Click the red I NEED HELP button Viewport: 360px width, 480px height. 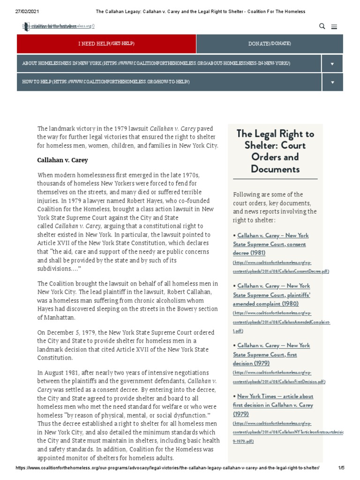click(106, 44)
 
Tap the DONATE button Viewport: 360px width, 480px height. click(270, 44)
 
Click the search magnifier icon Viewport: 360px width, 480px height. click(322, 26)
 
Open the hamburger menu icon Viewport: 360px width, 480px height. click(334, 27)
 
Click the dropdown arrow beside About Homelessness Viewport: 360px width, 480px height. click(332, 63)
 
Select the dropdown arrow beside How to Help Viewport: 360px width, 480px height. click(332, 82)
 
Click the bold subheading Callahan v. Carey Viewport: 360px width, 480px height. click(62, 160)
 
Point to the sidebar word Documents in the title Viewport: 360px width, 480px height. click(275, 169)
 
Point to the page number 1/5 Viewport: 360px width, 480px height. click(341, 468)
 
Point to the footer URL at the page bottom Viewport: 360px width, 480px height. click(167, 468)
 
